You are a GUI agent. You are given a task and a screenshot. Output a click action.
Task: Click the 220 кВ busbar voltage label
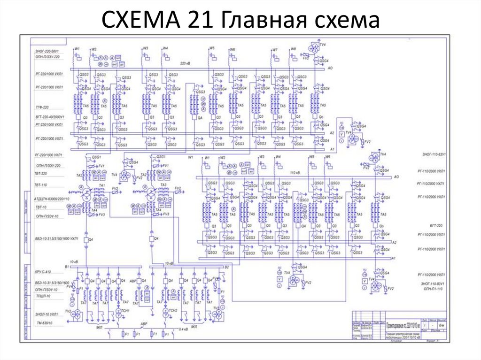185,62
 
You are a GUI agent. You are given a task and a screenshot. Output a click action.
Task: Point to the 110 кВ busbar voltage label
295,172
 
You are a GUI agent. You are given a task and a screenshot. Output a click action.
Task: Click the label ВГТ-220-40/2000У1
49,115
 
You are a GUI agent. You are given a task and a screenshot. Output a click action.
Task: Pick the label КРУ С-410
43,272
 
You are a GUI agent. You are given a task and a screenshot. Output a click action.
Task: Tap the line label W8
293,49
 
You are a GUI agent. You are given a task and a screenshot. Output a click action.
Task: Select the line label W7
275,49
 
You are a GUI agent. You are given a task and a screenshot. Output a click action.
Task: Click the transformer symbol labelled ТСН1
118,312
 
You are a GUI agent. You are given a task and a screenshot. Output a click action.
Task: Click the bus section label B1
67,267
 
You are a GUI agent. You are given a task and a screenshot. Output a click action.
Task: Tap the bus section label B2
226,267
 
